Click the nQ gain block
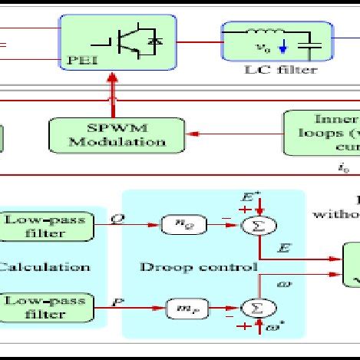[179, 226]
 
